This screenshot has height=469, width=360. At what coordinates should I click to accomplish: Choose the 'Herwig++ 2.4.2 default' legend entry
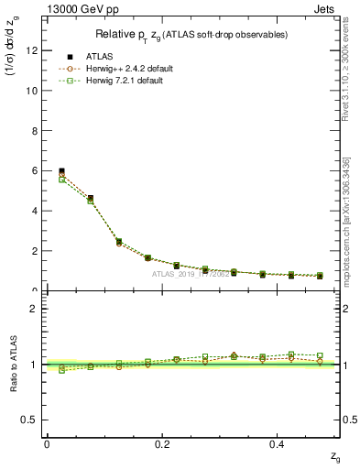135,69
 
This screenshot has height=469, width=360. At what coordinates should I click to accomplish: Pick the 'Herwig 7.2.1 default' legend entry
131,81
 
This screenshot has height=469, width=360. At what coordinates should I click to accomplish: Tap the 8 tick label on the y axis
35,131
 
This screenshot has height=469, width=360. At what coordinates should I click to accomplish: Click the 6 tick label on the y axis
35,170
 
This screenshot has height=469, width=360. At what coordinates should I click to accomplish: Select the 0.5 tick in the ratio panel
30,420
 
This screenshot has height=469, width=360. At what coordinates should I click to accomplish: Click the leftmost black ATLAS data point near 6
61,171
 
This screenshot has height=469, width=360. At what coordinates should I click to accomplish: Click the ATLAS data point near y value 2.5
119,242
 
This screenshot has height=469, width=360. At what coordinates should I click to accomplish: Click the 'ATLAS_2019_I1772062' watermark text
191,274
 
